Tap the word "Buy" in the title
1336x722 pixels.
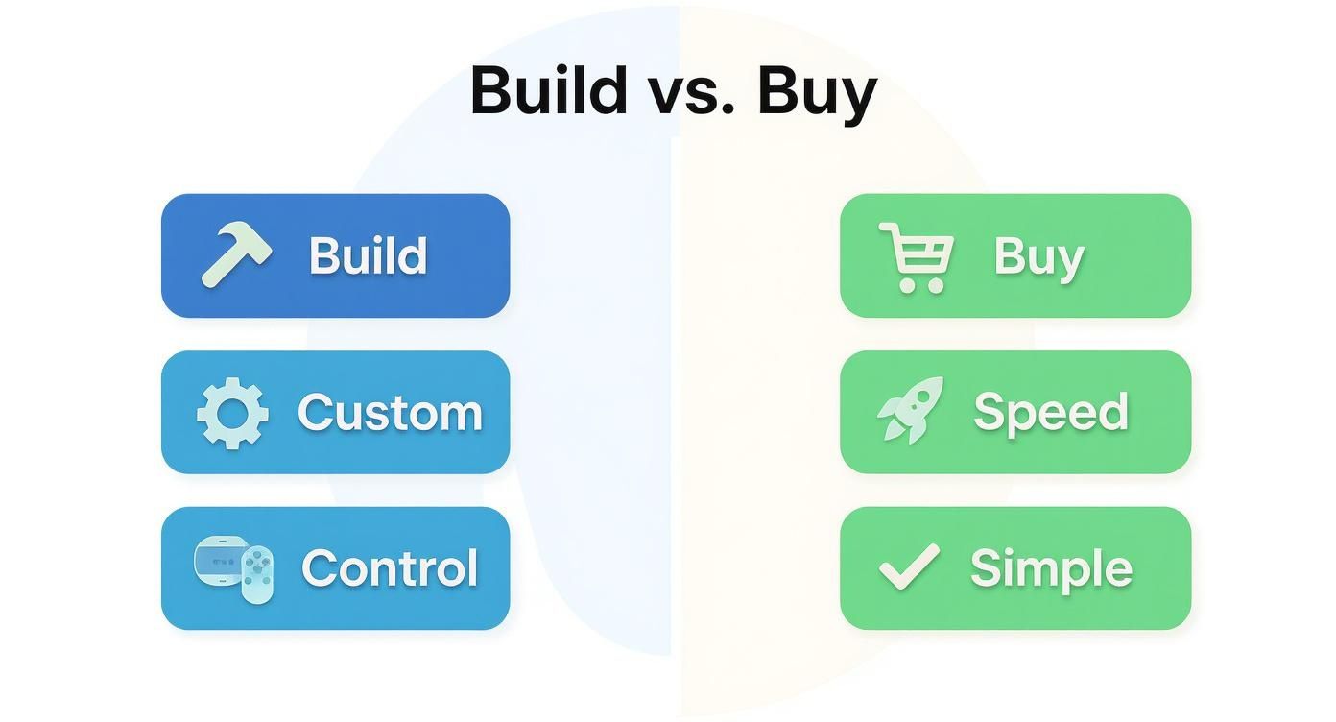817,93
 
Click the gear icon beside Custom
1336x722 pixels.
232,413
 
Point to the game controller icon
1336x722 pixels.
234,568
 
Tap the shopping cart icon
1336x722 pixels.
916,255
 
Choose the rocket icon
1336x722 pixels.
910,410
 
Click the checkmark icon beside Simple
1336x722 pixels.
909,566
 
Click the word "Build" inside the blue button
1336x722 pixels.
368,255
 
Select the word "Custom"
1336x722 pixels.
390,413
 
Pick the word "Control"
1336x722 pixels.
390,568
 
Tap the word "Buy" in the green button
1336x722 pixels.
1038,257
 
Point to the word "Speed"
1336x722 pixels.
1050,413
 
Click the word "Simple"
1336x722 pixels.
1051,569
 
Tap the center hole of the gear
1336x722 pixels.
232,414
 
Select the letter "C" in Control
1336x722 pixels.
320,568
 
